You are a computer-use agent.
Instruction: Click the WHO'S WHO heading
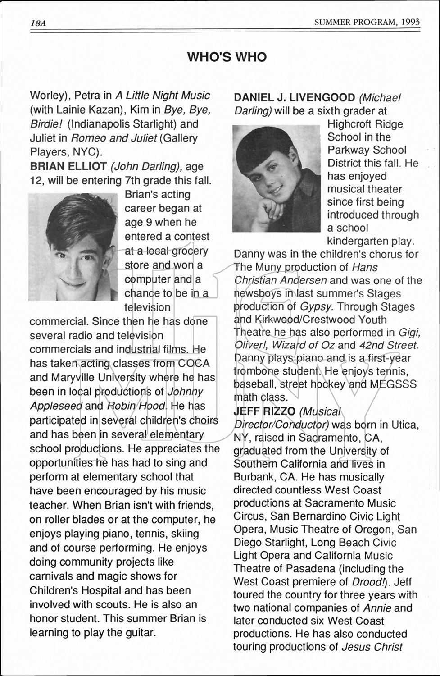tap(227, 57)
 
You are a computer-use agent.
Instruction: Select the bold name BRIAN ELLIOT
tap(68, 166)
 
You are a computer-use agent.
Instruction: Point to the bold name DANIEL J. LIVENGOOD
tap(295, 97)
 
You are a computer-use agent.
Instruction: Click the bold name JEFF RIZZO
tap(264, 411)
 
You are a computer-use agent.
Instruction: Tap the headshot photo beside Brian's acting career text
tap(73, 247)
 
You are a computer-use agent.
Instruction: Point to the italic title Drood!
tap(367, 582)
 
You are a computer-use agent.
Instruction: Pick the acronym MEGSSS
tap(393, 384)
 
